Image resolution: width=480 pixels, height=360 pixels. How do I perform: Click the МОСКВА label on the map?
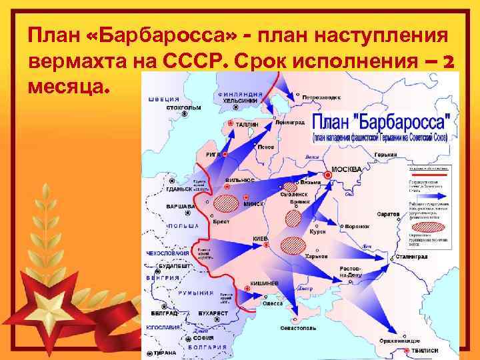[x=347, y=169]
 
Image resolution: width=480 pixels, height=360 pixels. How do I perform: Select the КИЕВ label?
[x=259, y=239]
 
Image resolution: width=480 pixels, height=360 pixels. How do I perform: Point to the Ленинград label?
[x=289, y=123]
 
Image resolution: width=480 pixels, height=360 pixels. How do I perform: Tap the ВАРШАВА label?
[x=180, y=207]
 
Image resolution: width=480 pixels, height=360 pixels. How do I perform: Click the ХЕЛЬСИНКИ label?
[x=240, y=100]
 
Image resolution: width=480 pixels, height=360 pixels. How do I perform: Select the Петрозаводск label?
[x=321, y=97]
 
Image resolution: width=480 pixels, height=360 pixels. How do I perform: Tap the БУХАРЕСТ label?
[x=213, y=313]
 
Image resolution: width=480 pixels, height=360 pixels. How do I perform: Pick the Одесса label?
[x=272, y=303]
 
